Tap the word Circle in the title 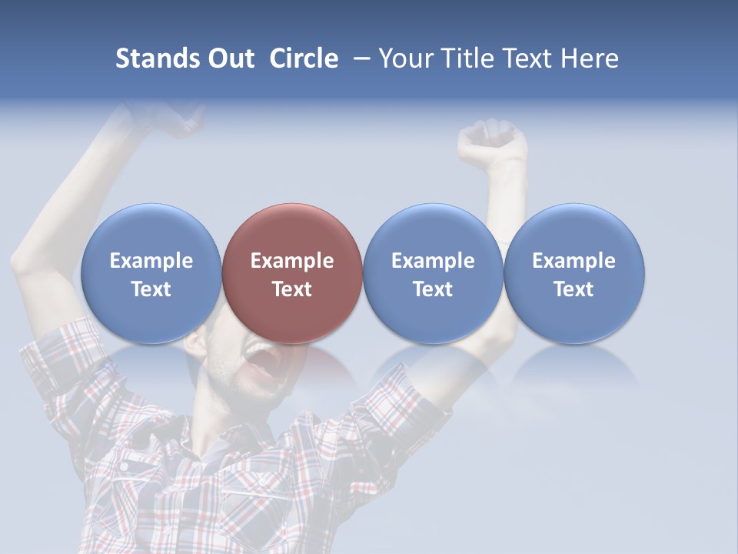pyautogui.click(x=304, y=58)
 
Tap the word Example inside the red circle pyautogui.click(x=292, y=261)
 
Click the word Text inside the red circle pyautogui.click(x=292, y=289)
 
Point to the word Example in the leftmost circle pyautogui.click(x=151, y=261)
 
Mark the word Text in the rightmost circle pyautogui.click(x=573, y=289)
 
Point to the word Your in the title pyautogui.click(x=404, y=58)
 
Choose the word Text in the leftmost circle pyautogui.click(x=151, y=289)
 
